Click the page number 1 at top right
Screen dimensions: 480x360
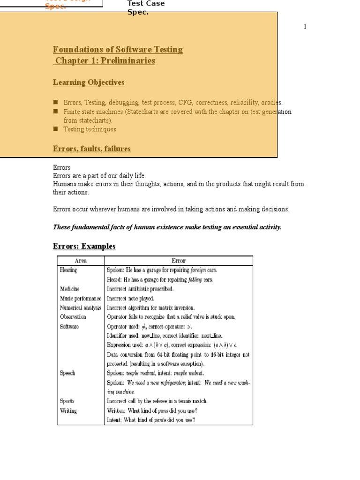click(x=305, y=27)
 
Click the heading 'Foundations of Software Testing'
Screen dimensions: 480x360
click(x=118, y=50)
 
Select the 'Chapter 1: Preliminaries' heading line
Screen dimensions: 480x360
click(x=105, y=61)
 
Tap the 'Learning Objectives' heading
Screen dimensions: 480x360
click(x=89, y=82)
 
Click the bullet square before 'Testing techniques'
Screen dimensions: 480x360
click(x=55, y=129)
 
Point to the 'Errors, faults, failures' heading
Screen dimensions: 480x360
click(x=92, y=149)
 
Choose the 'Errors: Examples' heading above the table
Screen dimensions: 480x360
click(x=84, y=246)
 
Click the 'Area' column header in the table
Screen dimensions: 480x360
click(x=81, y=261)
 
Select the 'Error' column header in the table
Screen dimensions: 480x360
click(x=179, y=261)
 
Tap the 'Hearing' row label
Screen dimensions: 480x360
click(x=68, y=270)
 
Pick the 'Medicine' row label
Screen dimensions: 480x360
click(x=69, y=289)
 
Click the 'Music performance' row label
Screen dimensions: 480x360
click(x=80, y=298)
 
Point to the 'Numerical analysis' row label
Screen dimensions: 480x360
click(x=80, y=307)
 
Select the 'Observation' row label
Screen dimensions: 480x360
click(x=73, y=317)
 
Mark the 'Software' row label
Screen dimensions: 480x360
click(x=69, y=326)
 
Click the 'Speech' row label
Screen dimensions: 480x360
click(x=67, y=373)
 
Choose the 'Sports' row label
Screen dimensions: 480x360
click(x=67, y=401)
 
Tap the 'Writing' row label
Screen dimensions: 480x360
click(x=68, y=411)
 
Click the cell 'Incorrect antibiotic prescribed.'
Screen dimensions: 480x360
click(x=140, y=289)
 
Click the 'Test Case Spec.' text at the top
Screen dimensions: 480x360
click(x=146, y=8)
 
